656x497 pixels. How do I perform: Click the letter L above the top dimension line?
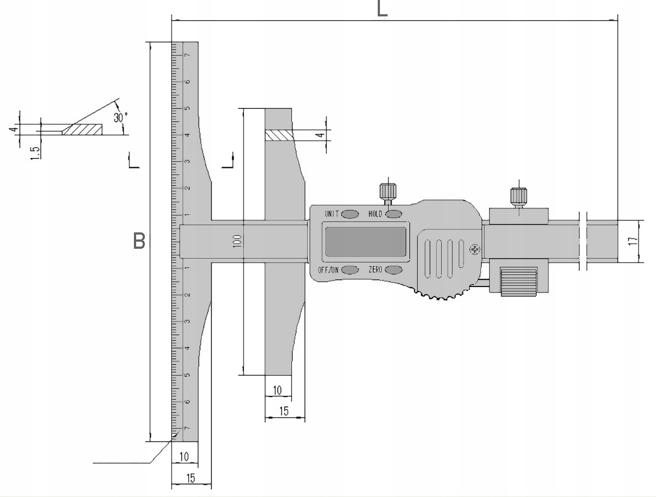tap(383, 8)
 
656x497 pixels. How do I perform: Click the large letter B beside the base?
tap(139, 241)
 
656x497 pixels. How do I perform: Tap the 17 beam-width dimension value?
tap(632, 242)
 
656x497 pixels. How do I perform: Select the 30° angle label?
tap(120, 117)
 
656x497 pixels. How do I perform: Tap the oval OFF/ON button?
tap(350, 270)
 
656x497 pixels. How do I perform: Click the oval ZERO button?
tap(393, 270)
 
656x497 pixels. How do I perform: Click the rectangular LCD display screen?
tap(366, 241)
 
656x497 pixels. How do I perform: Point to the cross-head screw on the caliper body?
tap(475, 249)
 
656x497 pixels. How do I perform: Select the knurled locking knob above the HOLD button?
tap(388, 192)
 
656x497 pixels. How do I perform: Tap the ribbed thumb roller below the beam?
tap(518, 282)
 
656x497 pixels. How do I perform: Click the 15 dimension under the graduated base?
tap(190, 478)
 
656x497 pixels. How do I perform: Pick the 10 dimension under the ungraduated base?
tap(278, 390)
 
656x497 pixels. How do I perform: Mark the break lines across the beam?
tap(582, 241)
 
